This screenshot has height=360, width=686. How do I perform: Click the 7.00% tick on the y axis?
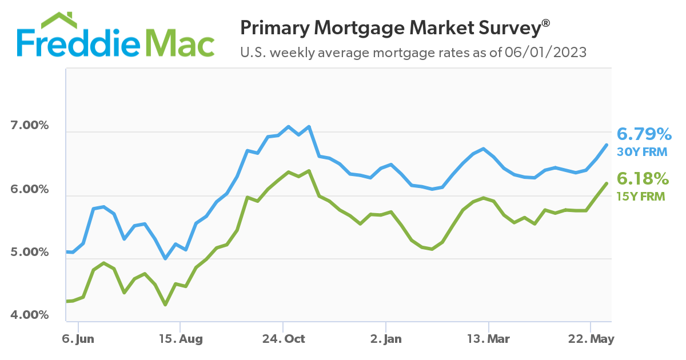point(29,126)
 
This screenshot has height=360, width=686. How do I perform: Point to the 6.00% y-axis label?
point(29,189)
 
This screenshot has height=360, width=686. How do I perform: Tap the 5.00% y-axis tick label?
point(29,252)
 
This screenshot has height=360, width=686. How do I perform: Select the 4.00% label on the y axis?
point(29,315)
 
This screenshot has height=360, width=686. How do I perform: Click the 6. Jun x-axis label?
point(77,339)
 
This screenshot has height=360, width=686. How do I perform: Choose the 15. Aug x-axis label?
point(180,339)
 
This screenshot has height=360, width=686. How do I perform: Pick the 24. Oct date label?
point(283,339)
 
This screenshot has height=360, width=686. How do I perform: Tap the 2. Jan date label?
point(386,339)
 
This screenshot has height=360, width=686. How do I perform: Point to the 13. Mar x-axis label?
point(489,339)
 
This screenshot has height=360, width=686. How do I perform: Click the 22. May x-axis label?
point(592,339)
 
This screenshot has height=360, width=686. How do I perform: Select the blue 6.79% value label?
point(644,135)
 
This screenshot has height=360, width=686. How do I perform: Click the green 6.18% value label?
point(643,179)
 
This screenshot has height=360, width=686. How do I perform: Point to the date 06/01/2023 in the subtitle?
point(546,53)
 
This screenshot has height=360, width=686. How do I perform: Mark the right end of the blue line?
point(606,145)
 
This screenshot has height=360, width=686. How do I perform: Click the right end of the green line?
point(606,183)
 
